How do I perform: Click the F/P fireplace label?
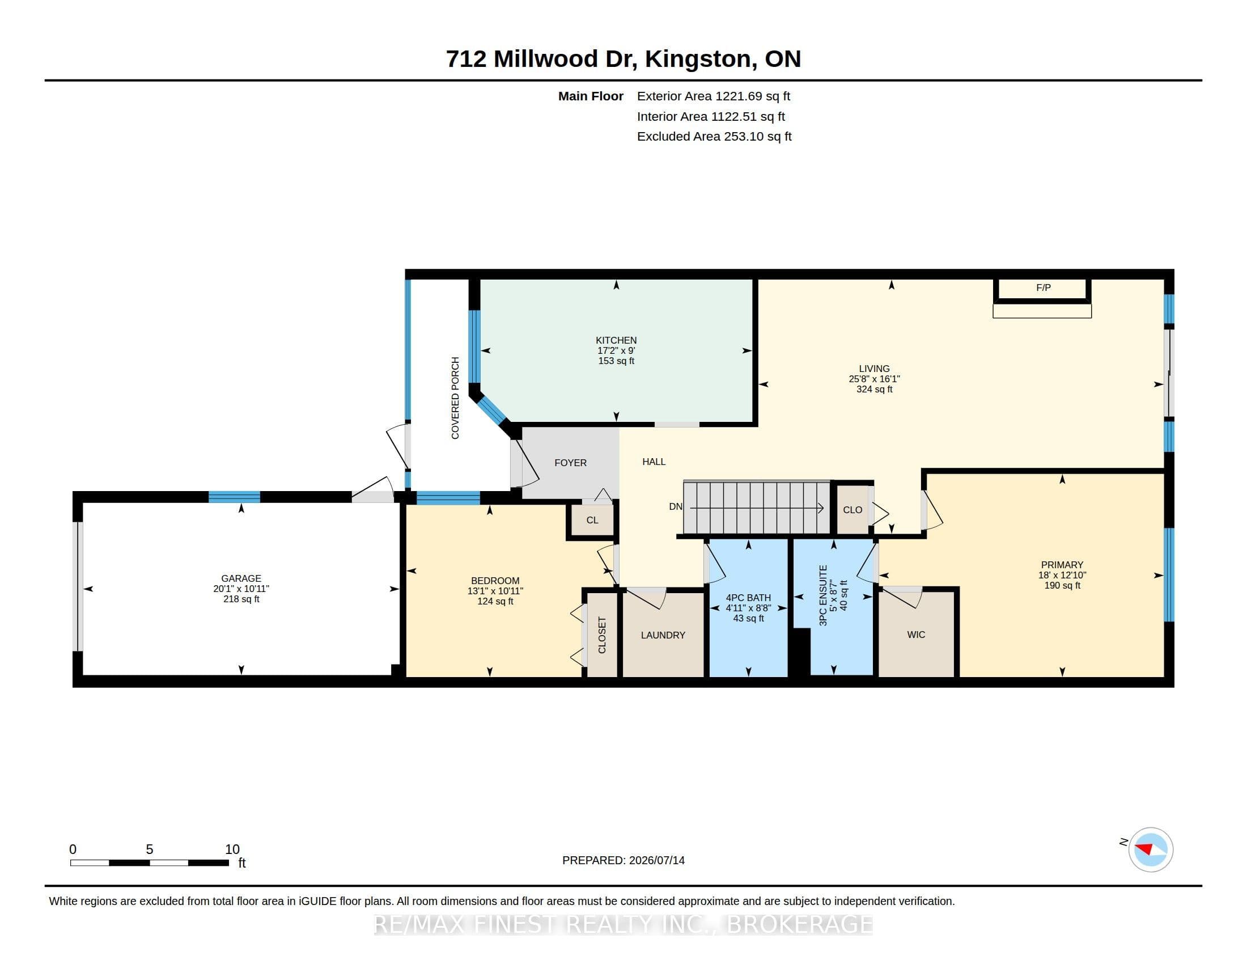coord(1043,288)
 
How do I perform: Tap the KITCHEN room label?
coord(616,340)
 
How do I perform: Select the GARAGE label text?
coord(241,578)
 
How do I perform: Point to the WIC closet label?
coord(916,635)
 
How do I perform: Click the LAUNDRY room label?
coord(663,635)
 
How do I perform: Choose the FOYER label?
coord(570,463)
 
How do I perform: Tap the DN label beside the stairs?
coord(676,506)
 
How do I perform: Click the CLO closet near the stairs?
coord(852,510)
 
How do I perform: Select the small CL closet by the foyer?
coord(592,520)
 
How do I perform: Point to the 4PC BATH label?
coord(748,598)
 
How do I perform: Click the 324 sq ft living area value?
coord(874,390)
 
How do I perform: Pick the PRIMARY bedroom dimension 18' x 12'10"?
coord(1062,575)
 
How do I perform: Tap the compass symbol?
coord(1151,849)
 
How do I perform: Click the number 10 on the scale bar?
coord(232,849)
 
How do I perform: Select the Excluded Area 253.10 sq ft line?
coord(714,137)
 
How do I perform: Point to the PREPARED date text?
coord(623,860)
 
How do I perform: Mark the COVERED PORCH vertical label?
coord(455,398)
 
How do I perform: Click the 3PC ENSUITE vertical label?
coord(823,595)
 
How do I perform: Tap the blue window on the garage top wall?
coord(234,497)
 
